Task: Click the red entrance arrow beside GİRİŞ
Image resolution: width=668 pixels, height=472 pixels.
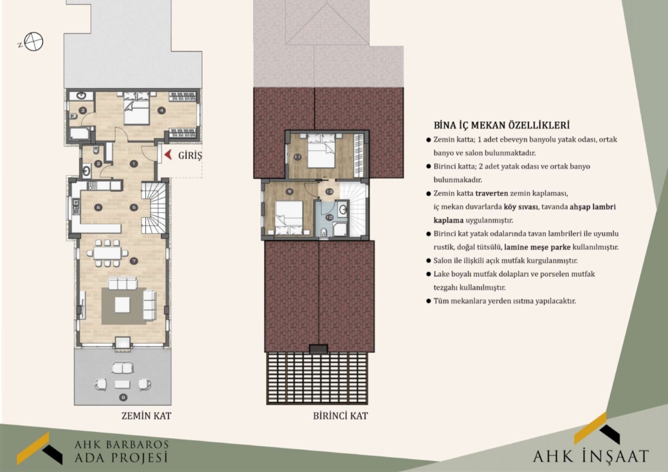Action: [168, 155]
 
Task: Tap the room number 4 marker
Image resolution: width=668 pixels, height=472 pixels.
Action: [161, 110]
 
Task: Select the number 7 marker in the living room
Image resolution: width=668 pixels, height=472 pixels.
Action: [134, 261]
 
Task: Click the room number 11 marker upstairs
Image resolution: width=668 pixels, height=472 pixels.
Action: [298, 157]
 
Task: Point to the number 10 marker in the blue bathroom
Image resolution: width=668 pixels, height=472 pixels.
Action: [329, 217]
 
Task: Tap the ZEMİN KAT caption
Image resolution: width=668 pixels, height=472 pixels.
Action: [146, 416]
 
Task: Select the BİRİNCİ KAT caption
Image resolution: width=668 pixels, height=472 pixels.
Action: [340, 416]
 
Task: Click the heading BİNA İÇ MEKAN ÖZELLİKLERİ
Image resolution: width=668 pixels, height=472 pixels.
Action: [501, 125]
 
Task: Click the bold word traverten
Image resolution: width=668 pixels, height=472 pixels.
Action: [492, 193]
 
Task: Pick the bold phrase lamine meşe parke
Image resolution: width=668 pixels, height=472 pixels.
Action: [537, 247]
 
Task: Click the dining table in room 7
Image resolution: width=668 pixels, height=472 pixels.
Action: [108, 254]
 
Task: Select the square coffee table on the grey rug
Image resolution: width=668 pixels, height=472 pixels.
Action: [123, 305]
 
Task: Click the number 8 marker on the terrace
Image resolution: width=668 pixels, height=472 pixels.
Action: [123, 397]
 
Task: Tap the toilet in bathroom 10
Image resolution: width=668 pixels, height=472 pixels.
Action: [324, 231]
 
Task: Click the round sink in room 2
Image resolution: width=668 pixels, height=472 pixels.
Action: [86, 171]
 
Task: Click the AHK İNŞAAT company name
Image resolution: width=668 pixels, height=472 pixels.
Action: [591, 456]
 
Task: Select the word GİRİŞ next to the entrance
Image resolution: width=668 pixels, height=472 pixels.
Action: [189, 156]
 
